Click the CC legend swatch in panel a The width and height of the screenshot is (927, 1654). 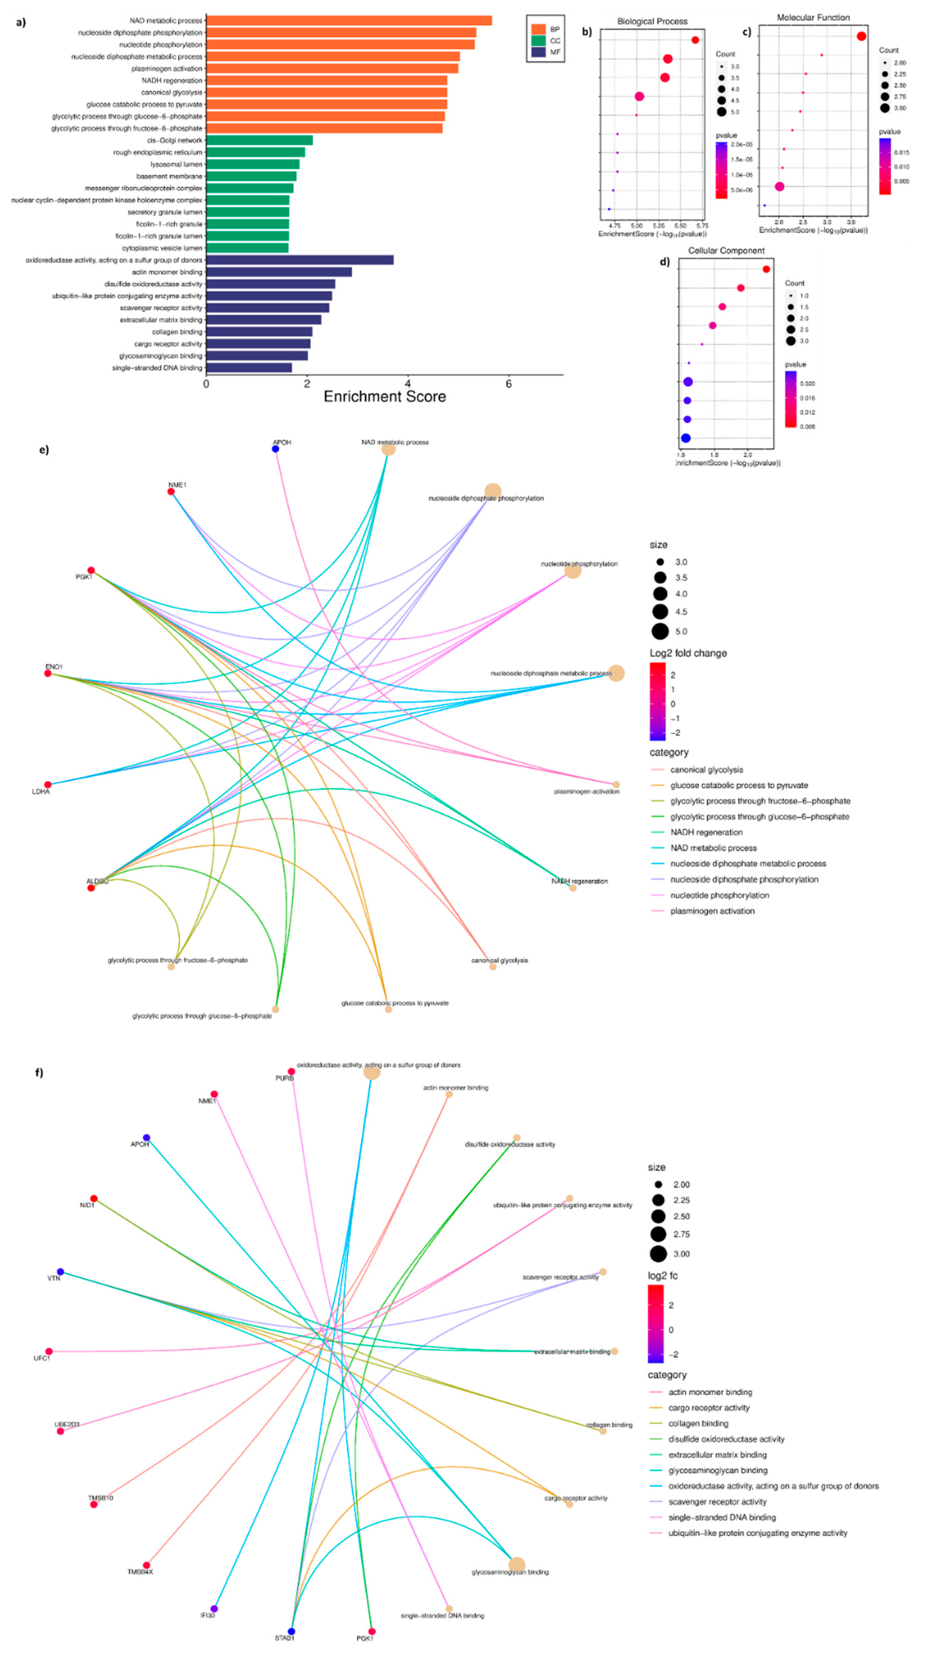[x=538, y=41]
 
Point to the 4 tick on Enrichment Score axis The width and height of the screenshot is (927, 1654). [x=408, y=384]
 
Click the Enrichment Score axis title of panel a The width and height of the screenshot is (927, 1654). [x=385, y=397]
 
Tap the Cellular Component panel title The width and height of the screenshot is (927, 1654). [x=726, y=251]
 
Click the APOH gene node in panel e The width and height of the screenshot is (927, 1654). [x=275, y=449]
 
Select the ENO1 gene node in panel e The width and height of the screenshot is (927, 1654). [x=47, y=673]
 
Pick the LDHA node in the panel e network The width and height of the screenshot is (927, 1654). [x=47, y=784]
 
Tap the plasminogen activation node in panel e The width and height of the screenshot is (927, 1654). [x=616, y=785]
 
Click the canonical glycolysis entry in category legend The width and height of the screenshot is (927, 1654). [x=706, y=769]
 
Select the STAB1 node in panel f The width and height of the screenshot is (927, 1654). [x=291, y=1631]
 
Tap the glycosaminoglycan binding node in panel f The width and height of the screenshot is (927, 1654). [x=516, y=1565]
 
